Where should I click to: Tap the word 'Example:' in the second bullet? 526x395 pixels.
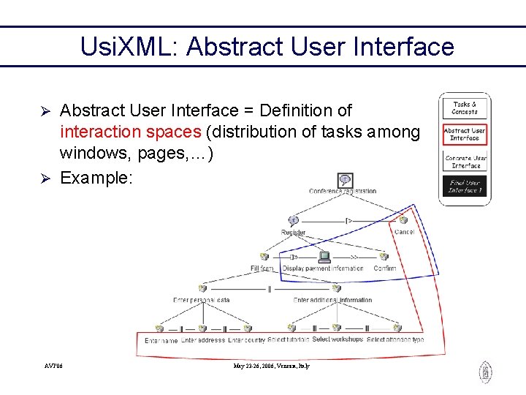click(x=96, y=178)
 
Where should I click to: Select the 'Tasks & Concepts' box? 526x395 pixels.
click(x=465, y=108)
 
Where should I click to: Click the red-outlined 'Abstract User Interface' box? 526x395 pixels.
click(x=465, y=134)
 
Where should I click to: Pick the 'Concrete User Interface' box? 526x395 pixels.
click(x=465, y=161)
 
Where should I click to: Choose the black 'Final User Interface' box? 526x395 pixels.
click(x=465, y=187)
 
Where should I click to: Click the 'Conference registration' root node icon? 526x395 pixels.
click(x=344, y=179)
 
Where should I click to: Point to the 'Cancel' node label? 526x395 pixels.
click(x=404, y=232)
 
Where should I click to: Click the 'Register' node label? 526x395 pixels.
click(x=293, y=233)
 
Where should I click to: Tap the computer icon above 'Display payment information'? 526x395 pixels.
click(x=324, y=257)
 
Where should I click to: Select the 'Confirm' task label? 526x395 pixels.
click(x=384, y=268)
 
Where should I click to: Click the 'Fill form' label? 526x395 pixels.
click(x=262, y=268)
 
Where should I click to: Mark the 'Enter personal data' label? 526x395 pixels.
click(x=202, y=300)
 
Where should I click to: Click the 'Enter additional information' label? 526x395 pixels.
click(x=332, y=300)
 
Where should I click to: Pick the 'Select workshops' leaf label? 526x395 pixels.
click(x=337, y=340)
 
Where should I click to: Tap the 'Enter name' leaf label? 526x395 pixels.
click(x=161, y=341)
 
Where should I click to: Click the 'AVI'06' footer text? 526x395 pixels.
click(x=53, y=366)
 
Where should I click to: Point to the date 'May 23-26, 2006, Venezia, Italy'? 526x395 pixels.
click(x=272, y=366)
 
